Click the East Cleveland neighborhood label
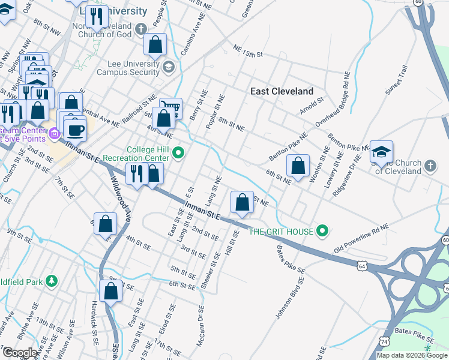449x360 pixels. point(282,91)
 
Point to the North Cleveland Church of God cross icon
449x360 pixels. point(140,29)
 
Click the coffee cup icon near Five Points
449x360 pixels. point(76,129)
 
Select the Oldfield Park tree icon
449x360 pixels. point(52,280)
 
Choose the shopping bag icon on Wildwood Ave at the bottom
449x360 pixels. point(111,292)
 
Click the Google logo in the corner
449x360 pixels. point(19,353)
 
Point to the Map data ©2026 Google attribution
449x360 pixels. point(412,355)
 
